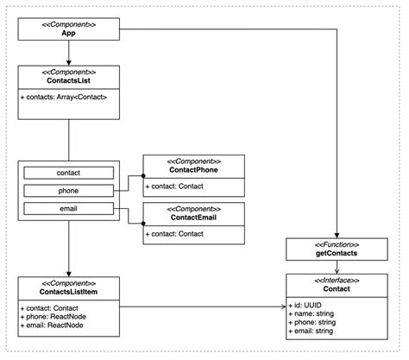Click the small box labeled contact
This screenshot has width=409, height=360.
pyautogui.click(x=69, y=174)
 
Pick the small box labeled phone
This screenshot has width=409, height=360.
pyautogui.click(x=69, y=191)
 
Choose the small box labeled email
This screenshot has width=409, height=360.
pyautogui.click(x=69, y=208)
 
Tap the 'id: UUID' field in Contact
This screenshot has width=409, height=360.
pyautogui.click(x=309, y=304)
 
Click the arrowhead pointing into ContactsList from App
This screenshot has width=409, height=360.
pyautogui.click(x=68, y=63)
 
